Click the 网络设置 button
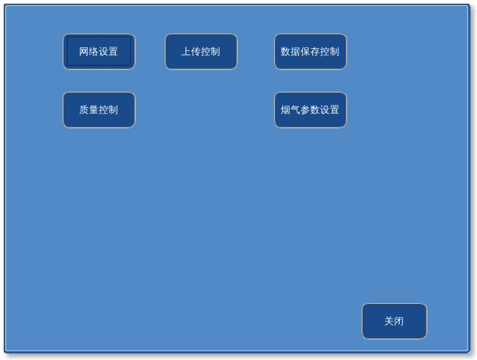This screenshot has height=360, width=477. [98, 52]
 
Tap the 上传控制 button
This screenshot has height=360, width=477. [201, 52]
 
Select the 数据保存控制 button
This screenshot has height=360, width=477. [310, 52]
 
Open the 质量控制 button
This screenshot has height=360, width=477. [98, 110]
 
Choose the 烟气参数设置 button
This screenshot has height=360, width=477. [310, 110]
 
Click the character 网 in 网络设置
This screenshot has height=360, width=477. [84, 52]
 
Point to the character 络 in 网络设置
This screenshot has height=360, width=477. [93, 52]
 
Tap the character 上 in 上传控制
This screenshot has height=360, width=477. [186, 52]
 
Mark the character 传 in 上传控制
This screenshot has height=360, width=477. [195, 52]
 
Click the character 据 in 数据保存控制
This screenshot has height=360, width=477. [295, 52]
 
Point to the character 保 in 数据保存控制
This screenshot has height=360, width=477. [305, 52]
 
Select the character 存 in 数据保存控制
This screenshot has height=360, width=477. [315, 52]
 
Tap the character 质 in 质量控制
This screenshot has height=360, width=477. [84, 110]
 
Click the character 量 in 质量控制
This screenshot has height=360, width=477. [93, 110]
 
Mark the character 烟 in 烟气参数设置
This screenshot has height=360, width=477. [286, 110]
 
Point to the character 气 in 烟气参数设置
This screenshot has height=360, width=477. [295, 110]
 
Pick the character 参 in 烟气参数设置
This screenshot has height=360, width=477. [305, 110]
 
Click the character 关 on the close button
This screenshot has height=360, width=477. [389, 321]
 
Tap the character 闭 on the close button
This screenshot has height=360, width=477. [399, 321]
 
